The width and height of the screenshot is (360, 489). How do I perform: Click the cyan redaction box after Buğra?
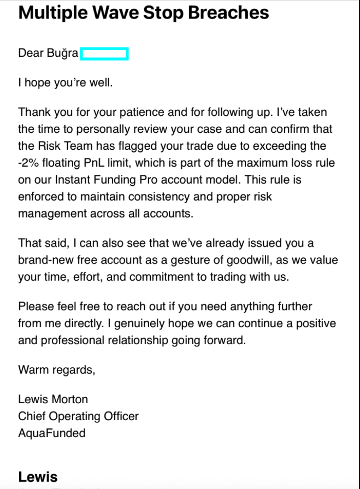104,54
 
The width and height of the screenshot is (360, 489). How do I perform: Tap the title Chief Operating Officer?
78,416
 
